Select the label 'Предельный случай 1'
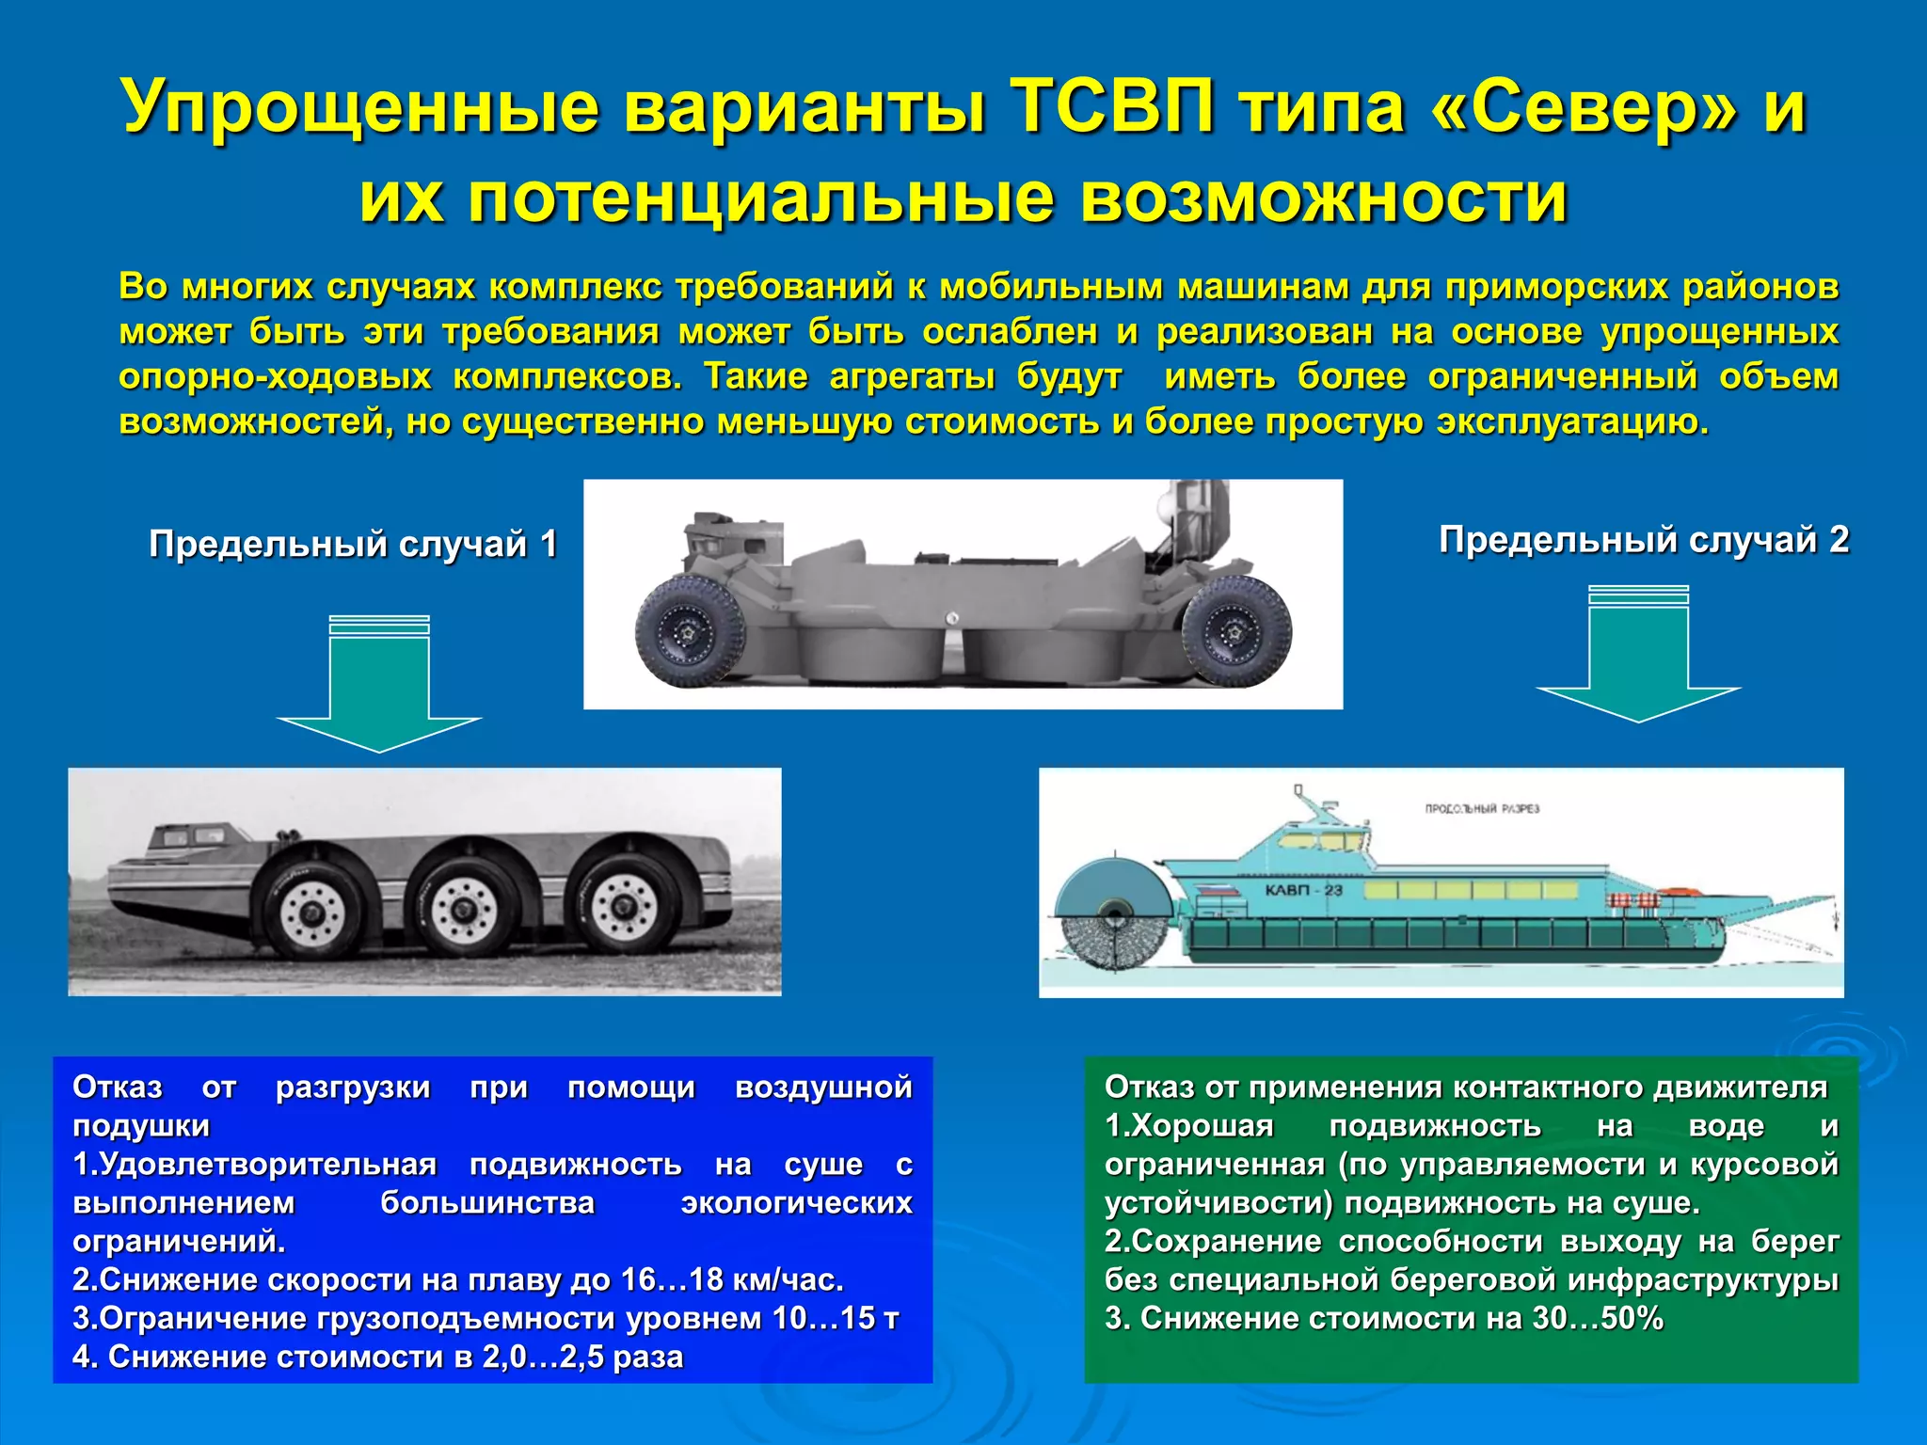click(x=353, y=544)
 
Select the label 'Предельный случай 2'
click(x=1643, y=540)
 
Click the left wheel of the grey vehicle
click(x=691, y=631)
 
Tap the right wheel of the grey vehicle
click(x=1236, y=632)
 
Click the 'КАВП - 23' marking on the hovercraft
click(x=1303, y=890)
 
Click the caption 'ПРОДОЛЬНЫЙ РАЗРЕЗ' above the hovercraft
click(x=1482, y=809)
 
